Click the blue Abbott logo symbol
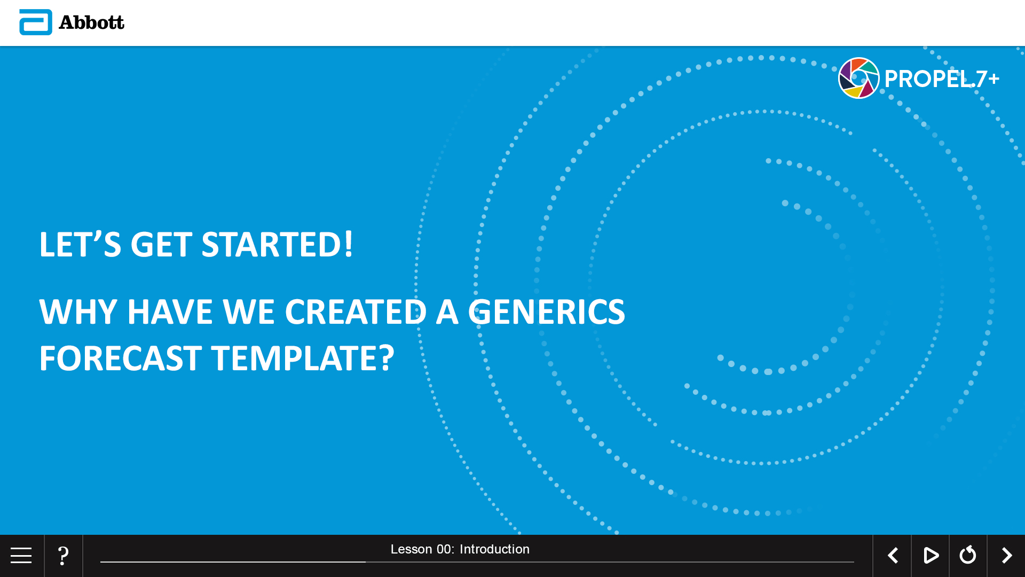[x=36, y=22]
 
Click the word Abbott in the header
[x=91, y=22]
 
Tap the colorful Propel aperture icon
[x=858, y=78]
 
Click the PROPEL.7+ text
[x=942, y=79]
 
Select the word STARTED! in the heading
[x=277, y=245]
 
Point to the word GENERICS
[x=546, y=311]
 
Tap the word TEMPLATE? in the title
[x=303, y=358]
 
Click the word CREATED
[x=356, y=311]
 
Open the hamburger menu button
[x=21, y=556]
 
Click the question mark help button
[x=63, y=556]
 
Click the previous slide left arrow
[x=893, y=556]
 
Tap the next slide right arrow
[x=1006, y=556]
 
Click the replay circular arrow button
[x=968, y=555]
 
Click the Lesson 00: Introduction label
[x=460, y=549]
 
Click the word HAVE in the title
[x=170, y=311]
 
